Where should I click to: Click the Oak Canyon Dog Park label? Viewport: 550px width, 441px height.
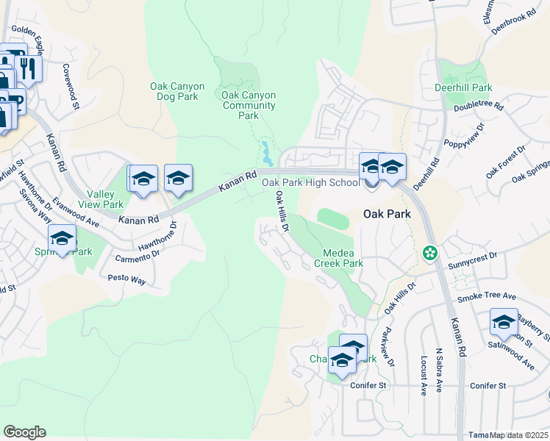[174, 91]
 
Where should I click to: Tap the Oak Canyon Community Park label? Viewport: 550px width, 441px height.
[249, 105]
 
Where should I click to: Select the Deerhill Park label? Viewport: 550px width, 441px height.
[463, 87]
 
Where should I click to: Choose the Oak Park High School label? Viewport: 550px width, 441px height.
[311, 182]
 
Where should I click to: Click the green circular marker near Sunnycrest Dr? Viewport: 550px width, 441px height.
[429, 253]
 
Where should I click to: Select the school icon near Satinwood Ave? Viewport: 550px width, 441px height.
[504, 321]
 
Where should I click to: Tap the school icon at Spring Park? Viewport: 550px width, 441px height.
[63, 238]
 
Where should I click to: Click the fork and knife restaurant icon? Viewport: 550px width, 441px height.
[29, 68]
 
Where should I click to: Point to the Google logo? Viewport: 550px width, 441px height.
[24, 432]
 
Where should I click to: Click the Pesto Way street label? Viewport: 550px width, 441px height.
[127, 279]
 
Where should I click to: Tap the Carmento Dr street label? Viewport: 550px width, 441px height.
[137, 255]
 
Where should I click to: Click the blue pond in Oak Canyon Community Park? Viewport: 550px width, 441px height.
[264, 155]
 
